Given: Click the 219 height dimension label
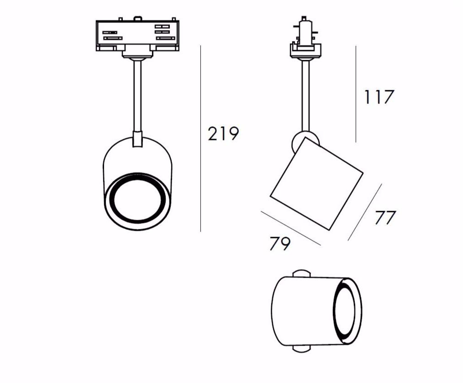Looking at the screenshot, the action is point(223,134).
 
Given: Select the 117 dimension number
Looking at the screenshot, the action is point(379,97).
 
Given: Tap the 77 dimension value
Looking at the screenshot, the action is point(385,217).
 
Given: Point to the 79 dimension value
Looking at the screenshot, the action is point(280,243).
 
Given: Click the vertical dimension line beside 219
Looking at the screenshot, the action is point(200,139).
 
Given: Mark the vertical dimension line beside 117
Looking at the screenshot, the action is point(356,94).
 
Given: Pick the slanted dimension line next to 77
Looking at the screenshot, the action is point(365,212).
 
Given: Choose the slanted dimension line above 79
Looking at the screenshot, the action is point(291,228).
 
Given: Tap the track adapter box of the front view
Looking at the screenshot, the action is point(137,36).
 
